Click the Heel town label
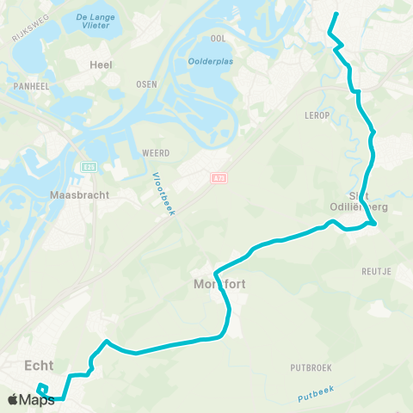coord(101,65)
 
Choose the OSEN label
coord(146,84)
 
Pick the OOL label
coord(218,39)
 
